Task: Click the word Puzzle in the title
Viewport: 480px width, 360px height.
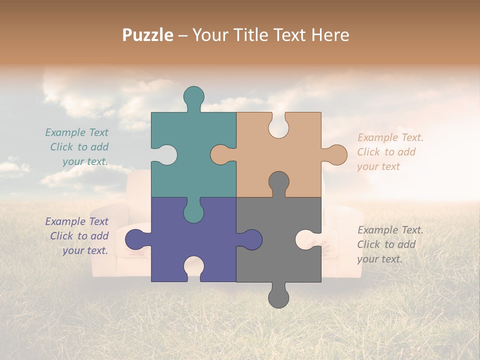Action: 147,35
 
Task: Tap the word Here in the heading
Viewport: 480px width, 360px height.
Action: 329,35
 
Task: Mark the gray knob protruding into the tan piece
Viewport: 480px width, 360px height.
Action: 278,182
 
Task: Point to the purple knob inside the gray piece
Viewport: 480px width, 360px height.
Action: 250,239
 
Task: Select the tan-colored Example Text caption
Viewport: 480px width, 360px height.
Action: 390,152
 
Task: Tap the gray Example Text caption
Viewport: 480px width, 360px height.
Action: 390,244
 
